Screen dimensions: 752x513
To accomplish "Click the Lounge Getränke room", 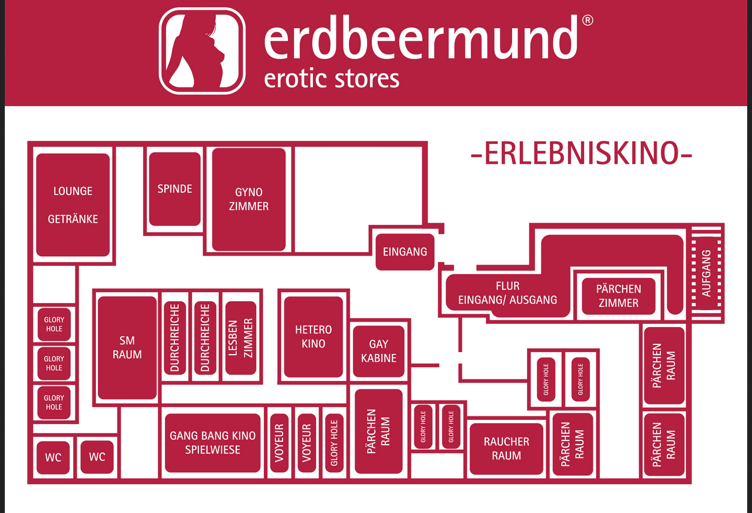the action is coord(73,205).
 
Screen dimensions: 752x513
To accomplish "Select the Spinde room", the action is coord(175,189).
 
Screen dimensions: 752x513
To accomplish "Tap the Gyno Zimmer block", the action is coord(249,199).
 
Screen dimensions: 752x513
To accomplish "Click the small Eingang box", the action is coord(405,251).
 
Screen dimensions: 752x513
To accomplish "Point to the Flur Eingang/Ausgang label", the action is coord(507,293).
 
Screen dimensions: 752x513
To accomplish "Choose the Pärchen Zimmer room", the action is coord(618,296).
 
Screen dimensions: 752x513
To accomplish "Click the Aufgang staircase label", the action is coord(706,273).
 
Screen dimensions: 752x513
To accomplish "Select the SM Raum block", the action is coord(127,347).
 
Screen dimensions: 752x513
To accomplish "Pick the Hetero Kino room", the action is coord(313,337).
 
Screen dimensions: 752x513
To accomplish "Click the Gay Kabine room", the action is coord(378,351).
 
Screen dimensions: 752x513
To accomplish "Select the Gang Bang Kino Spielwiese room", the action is coord(213,443).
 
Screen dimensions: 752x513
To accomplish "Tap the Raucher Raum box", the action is coord(506,448).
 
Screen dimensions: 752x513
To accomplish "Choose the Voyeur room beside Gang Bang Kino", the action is coord(279,443).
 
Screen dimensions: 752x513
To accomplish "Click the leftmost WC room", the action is coord(53,457).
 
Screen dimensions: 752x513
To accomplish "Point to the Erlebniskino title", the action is coord(582,154).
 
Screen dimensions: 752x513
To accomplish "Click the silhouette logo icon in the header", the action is coord(202,50).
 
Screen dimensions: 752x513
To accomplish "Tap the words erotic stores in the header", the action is coord(332,79).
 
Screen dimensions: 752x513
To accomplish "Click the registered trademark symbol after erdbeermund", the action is coord(588,20).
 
